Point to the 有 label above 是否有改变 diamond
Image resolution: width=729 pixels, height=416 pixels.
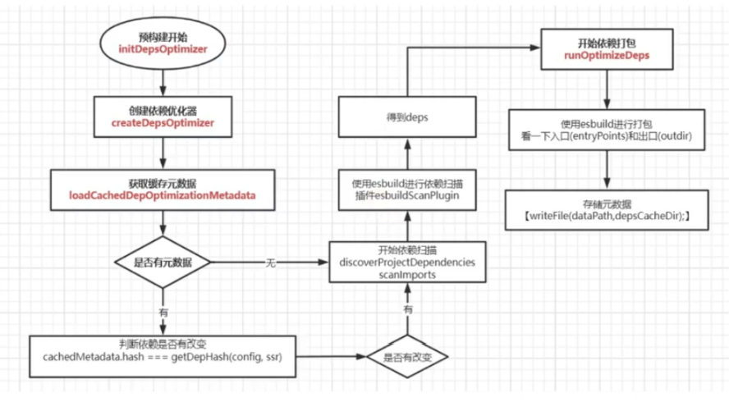(408, 309)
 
